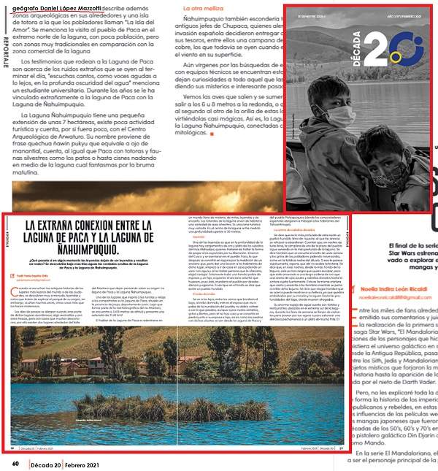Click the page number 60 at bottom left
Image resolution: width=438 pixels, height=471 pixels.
pyautogui.click(x=15, y=463)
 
